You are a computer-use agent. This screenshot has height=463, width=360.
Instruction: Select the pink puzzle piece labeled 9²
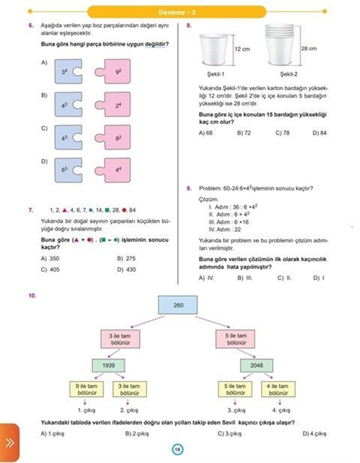tap(115, 72)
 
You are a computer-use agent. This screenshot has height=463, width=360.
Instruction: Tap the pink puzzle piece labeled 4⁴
tap(115, 170)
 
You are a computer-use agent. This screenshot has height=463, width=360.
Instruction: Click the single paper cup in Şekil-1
tap(214, 49)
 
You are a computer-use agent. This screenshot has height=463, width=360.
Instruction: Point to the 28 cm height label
tap(309, 49)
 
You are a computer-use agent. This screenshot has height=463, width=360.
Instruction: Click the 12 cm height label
tap(242, 49)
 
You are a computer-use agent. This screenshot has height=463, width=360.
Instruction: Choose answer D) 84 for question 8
tap(319, 133)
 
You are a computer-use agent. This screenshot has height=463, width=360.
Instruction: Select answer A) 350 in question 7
tap(50, 259)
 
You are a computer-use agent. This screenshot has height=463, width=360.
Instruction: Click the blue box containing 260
tap(178, 305)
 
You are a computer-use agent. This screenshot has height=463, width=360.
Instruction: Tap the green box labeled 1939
tap(109, 365)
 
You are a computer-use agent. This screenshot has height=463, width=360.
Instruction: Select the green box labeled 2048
tap(256, 365)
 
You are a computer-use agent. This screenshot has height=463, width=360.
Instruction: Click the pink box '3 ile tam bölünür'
tap(120, 339)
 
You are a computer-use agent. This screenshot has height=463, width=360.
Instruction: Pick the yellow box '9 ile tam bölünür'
tap(86, 389)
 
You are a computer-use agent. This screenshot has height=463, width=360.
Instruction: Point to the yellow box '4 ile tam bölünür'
tap(278, 389)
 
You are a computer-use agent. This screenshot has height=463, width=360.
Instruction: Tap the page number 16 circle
tap(178, 449)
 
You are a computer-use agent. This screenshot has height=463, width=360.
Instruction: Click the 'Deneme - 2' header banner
tap(177, 12)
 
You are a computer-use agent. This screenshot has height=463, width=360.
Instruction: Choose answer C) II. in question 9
tap(284, 278)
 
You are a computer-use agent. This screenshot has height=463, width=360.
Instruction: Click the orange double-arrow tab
tap(10, 443)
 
